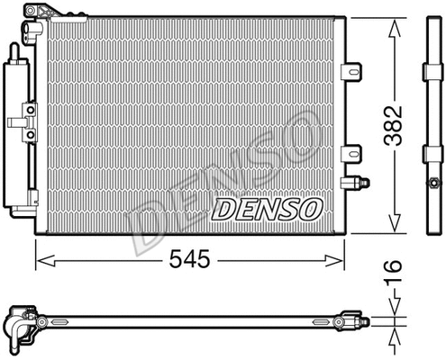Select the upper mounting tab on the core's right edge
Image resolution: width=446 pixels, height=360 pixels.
point(353,71)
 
